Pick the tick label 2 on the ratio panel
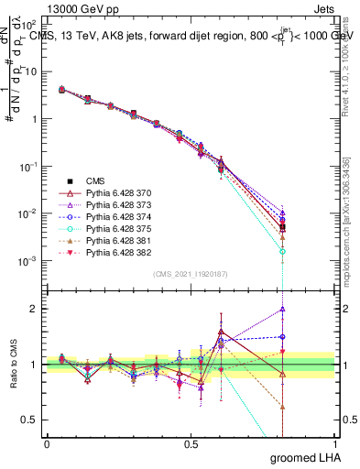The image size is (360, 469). tap(36, 309)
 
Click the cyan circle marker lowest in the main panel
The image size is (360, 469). tap(283, 250)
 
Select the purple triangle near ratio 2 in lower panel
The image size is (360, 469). tap(283, 309)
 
